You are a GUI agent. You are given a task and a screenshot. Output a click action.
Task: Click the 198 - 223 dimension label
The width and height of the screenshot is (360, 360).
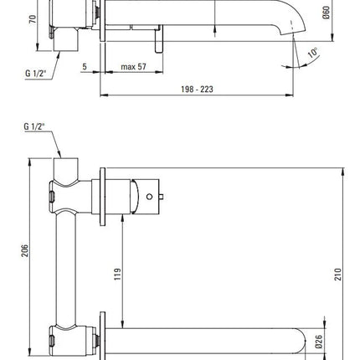click(x=197, y=90)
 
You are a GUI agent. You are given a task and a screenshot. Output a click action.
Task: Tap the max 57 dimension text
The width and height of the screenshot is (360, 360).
click(x=133, y=67)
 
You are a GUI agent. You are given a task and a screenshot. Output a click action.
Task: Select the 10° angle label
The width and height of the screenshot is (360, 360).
click(x=313, y=53)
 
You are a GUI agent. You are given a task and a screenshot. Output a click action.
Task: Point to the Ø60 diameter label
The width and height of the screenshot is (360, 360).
click(x=327, y=13)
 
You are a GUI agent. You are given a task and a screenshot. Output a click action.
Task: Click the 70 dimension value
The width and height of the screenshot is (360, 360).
click(x=33, y=19)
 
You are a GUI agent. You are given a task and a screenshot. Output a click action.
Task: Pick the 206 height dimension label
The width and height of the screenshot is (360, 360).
click(x=25, y=250)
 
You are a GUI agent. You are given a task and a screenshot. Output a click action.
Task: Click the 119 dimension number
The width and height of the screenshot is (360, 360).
click(x=118, y=274)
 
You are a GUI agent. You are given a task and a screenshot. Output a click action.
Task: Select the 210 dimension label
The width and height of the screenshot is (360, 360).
click(x=338, y=274)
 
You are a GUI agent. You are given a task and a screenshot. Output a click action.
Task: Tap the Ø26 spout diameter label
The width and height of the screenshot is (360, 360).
click(x=319, y=342)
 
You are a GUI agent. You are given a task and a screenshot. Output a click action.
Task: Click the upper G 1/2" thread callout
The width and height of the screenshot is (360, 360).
click(x=35, y=73)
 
